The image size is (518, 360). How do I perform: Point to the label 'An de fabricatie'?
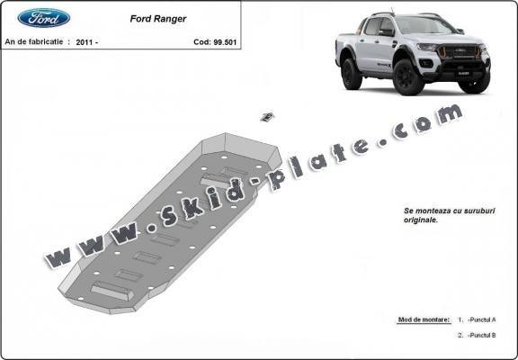(x=36, y=41)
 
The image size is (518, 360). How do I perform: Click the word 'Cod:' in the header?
(x=201, y=41)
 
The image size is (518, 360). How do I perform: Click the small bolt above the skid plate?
(x=266, y=115)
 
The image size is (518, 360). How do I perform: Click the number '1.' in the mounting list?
(x=460, y=320)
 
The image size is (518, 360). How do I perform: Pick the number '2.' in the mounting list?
(x=460, y=335)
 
